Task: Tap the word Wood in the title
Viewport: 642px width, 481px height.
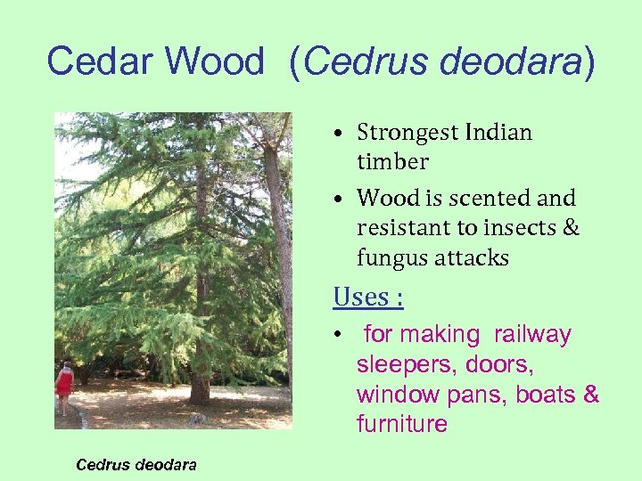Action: click(215, 61)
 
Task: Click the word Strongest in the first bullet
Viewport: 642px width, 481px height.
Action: click(407, 133)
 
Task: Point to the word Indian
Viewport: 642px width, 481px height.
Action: click(498, 133)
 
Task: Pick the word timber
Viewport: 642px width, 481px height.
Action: click(392, 162)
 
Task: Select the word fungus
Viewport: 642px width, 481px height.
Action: click(393, 258)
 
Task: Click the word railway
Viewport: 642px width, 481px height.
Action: click(532, 335)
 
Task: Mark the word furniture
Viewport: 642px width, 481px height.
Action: click(401, 424)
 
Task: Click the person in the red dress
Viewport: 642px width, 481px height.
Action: click(63, 385)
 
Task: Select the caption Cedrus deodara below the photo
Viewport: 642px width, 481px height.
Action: click(136, 464)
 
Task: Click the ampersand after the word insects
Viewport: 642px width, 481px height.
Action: click(572, 228)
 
